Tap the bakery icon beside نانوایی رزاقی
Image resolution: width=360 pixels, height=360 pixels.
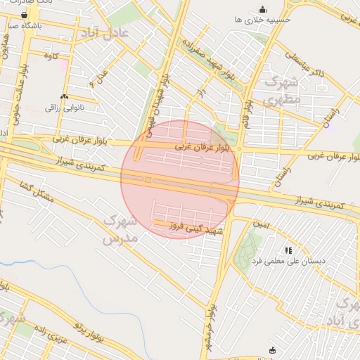click(64, 96)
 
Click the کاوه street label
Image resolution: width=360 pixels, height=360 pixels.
click(50, 55)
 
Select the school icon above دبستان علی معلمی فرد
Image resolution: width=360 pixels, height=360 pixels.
click(288, 250)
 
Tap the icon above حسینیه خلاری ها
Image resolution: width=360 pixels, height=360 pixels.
click(262, 9)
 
